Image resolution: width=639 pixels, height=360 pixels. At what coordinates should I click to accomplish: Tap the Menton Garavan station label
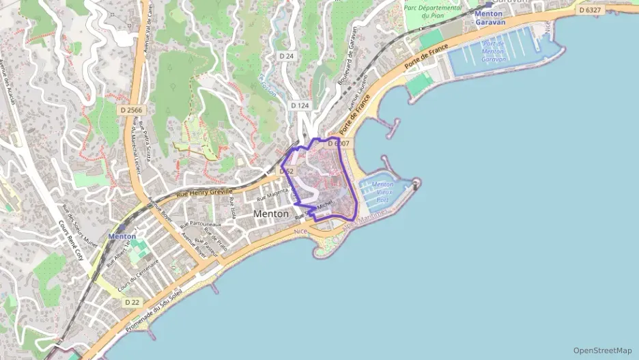coord(489,18)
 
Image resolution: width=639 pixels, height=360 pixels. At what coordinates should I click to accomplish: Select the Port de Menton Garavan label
coord(492,51)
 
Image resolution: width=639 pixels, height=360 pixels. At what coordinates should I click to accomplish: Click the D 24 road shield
coord(286,55)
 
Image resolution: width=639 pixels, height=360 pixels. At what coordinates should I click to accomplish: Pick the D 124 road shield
coord(300,105)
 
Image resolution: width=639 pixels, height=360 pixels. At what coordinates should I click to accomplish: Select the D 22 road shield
coord(132,301)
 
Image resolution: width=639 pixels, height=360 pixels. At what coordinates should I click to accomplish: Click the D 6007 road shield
coord(338,143)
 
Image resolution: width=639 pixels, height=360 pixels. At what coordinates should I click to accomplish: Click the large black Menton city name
coord(271,214)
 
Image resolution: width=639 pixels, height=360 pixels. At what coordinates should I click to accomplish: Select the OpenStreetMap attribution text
coord(602,350)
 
